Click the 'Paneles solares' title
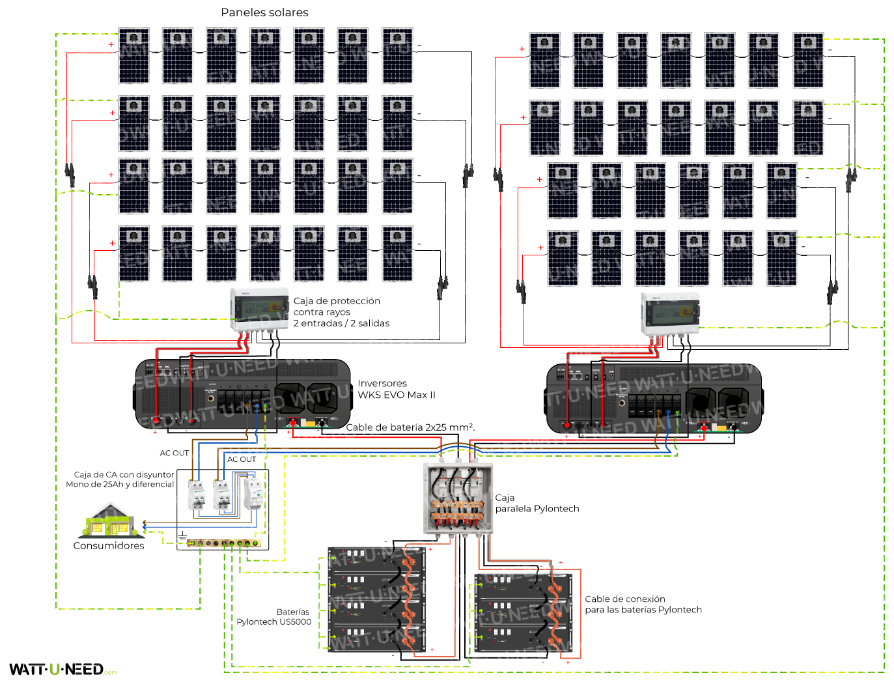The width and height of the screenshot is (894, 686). tap(264, 12)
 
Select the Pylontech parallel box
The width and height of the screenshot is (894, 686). tap(458, 498)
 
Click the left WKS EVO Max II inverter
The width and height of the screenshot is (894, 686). tap(242, 393)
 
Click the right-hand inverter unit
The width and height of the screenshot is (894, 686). tap(653, 399)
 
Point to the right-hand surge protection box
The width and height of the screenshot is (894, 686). tap(670, 313)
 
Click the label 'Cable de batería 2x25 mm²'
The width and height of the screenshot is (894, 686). tap(410, 427)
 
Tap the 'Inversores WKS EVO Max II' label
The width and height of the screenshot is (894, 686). tap(396, 389)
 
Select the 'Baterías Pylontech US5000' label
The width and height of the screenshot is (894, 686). tap(274, 617)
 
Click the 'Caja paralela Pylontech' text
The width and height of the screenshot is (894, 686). tap(537, 503)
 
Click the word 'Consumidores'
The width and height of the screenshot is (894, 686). tap(109, 546)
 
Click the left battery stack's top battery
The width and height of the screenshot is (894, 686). tap(377, 558)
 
